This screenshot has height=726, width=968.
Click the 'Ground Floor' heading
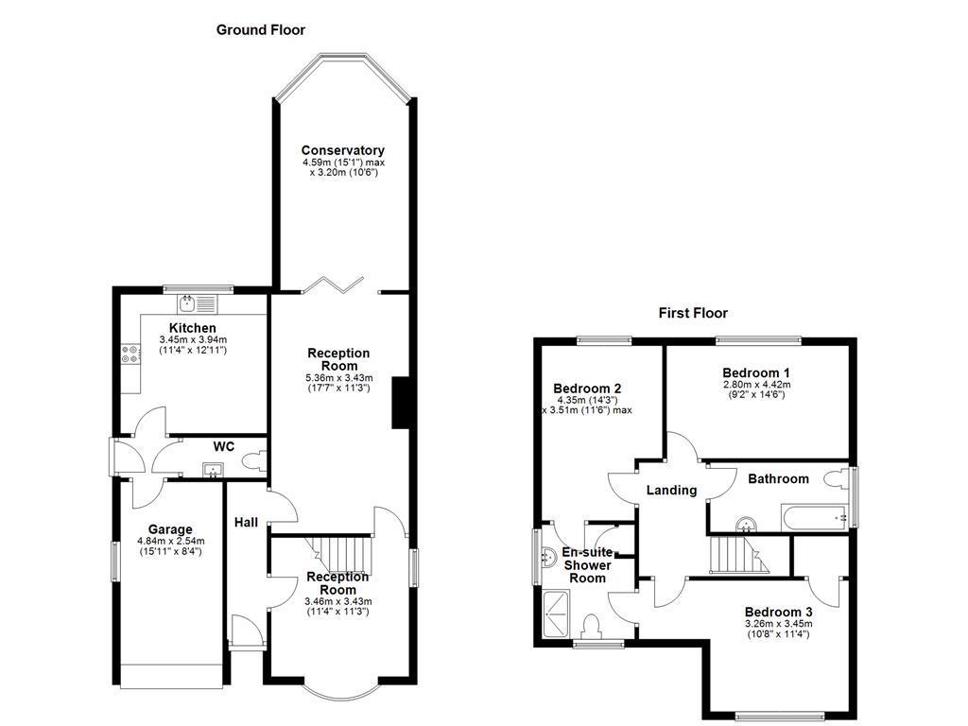click(261, 29)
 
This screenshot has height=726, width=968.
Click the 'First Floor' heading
click(693, 313)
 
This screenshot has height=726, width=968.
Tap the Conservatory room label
click(342, 150)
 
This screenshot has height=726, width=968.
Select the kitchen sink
click(199, 303)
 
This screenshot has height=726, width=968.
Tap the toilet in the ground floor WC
click(253, 462)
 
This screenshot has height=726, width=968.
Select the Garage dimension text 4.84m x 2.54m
click(170, 541)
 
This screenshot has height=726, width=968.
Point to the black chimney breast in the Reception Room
click(399, 402)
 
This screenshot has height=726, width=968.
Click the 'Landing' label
click(671, 490)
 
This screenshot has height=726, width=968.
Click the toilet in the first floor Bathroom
click(836, 480)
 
